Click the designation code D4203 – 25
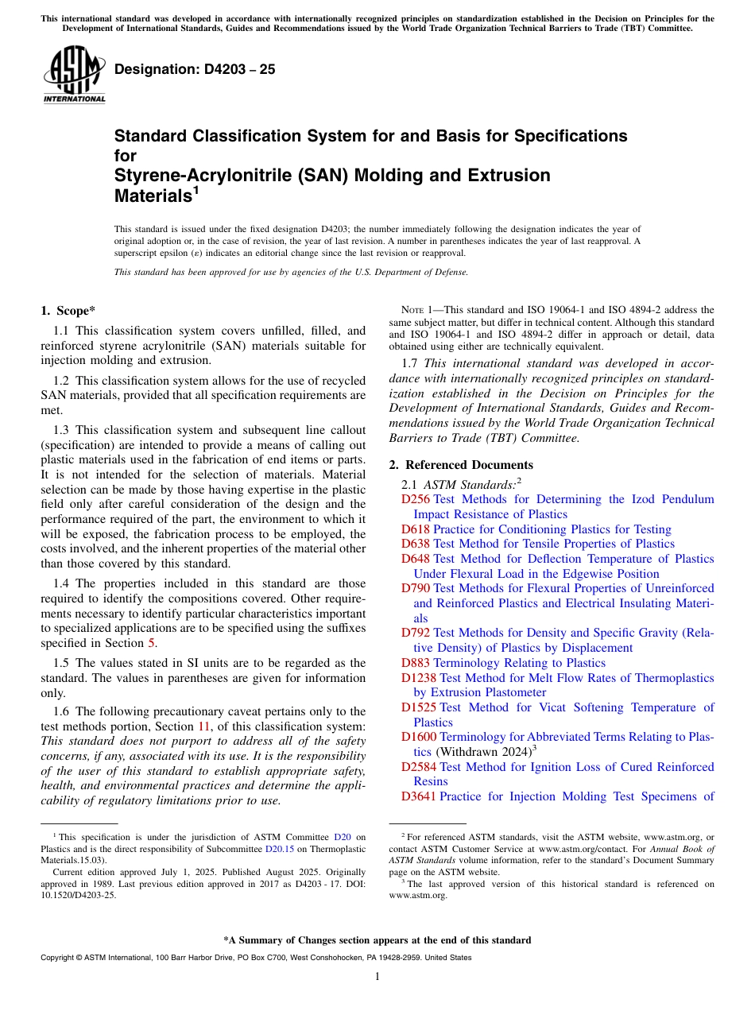click(195, 69)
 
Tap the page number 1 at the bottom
click(377, 976)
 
